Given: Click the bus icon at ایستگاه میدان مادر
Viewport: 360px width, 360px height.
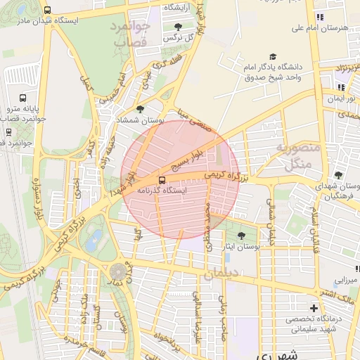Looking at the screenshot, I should [x=47, y=11].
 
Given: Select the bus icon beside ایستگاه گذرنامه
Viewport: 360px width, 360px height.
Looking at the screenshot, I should [x=163, y=179].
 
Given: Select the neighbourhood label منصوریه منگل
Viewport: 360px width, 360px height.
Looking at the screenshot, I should [x=297, y=157].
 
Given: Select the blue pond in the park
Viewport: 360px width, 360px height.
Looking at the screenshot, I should [x=92, y=243].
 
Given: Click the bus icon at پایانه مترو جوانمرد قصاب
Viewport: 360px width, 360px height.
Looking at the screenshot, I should [x=23, y=99].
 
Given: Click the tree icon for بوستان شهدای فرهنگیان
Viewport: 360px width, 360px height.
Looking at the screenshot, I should [x=338, y=175].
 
